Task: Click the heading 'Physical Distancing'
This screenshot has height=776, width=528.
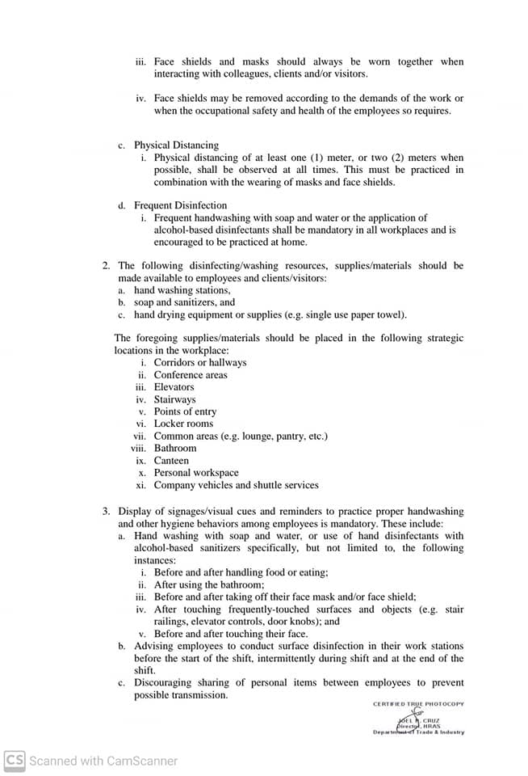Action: [176, 145]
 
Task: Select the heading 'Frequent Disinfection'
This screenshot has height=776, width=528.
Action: [180, 205]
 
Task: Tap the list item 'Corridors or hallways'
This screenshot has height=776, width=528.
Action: [200, 362]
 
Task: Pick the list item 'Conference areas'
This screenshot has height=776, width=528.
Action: [191, 375]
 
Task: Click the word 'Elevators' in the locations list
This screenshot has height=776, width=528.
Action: [174, 387]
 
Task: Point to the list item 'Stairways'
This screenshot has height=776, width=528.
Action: [174, 399]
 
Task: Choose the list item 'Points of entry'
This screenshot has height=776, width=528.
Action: [185, 411]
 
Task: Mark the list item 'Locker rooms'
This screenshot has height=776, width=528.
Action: [183, 424]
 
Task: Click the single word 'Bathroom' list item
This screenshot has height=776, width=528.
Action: [175, 448]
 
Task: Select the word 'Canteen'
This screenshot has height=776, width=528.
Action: [171, 461]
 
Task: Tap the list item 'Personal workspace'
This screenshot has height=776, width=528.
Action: [196, 473]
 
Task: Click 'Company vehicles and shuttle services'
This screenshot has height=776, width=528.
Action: [236, 485]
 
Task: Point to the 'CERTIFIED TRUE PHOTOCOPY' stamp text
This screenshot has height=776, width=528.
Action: [418, 704]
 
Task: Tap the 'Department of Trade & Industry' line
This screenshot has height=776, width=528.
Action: [418, 732]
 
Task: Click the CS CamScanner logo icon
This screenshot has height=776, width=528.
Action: [15, 760]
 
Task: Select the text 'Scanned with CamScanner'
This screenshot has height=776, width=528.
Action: [103, 761]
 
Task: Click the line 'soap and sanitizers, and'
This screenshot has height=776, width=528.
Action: [184, 302]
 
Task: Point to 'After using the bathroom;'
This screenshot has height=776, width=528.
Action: [209, 584]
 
